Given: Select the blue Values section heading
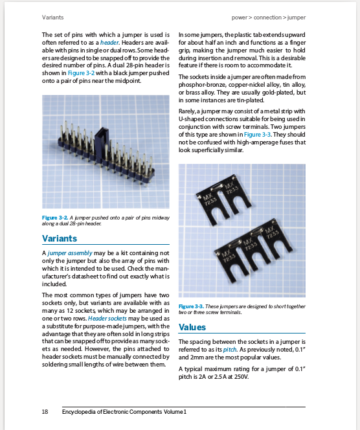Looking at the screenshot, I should point(192,327).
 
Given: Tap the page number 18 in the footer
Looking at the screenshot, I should point(45,412).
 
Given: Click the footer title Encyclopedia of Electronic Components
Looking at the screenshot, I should point(124,412).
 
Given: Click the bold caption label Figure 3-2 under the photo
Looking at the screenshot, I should point(55,218).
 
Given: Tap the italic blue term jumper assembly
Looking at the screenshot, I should point(70,252).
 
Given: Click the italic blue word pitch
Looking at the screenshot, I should point(231,348).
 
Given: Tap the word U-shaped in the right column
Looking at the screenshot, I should point(193,119).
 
